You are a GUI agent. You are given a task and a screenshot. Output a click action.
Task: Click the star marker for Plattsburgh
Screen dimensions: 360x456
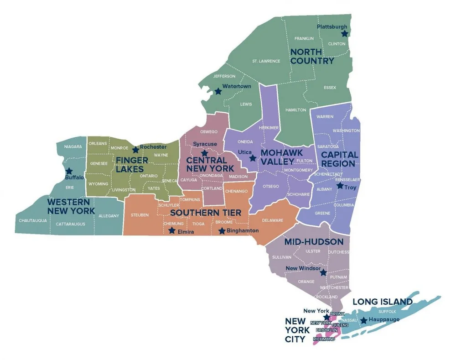tap(345, 33)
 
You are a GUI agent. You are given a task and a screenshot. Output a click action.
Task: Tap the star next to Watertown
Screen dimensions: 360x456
tap(218, 91)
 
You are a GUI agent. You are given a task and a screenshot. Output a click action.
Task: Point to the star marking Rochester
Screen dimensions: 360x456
tap(135, 150)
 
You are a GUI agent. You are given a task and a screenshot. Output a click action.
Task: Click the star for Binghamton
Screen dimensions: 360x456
tap(222, 231)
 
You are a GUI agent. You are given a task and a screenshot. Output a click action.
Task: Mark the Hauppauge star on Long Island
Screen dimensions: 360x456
tap(364, 321)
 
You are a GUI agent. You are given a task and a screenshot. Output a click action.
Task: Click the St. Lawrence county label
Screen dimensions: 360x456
tap(266, 61)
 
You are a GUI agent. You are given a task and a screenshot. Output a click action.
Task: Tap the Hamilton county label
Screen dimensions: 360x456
tap(295, 110)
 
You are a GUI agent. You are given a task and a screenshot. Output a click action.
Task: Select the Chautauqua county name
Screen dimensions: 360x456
tap(33, 220)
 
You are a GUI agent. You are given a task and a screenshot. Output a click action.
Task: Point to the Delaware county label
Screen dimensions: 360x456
tap(272, 220)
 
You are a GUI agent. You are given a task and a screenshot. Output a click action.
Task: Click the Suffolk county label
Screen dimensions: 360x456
tap(387, 311)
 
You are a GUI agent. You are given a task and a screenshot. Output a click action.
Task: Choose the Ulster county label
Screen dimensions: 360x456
tap(313, 251)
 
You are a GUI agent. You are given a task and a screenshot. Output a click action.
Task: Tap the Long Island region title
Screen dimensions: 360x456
tap(383, 302)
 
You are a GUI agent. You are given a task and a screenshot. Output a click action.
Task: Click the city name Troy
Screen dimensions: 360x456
tap(350, 188)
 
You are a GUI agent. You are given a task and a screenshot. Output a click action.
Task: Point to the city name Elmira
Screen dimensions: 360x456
tap(186, 232)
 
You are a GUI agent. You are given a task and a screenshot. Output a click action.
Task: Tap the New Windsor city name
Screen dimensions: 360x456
tap(302, 268)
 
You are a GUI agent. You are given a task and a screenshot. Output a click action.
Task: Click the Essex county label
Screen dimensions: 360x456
tap(330, 87)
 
